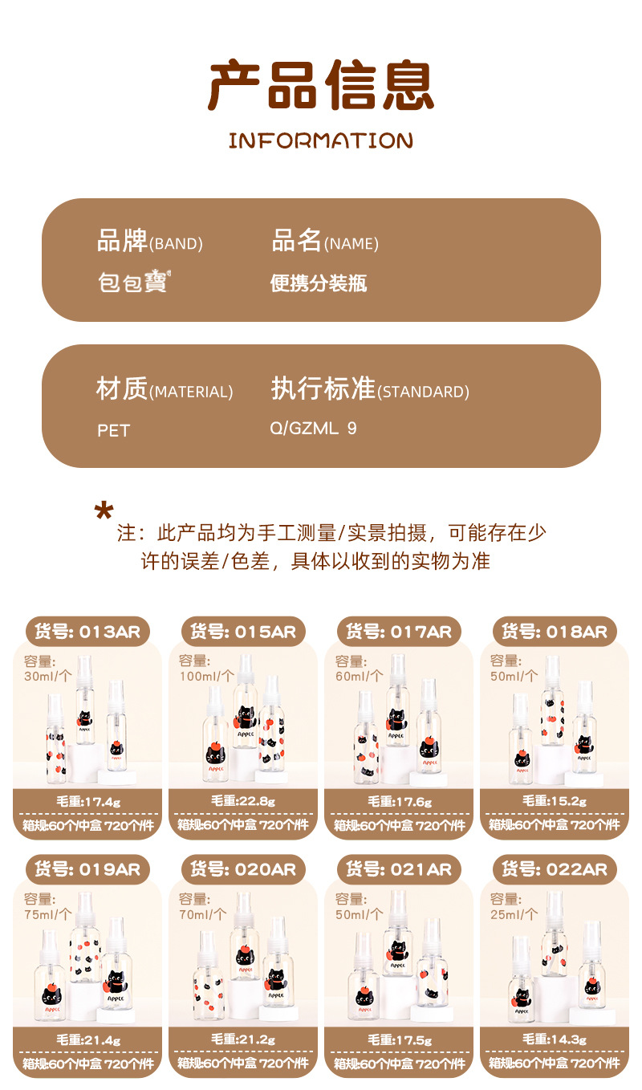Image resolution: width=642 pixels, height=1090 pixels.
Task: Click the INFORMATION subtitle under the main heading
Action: [x=320, y=140]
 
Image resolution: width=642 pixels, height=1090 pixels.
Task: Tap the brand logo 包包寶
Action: [x=134, y=282]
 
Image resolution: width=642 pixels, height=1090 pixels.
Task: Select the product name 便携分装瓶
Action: [x=319, y=283]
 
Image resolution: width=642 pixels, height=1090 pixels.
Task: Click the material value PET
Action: [x=114, y=431]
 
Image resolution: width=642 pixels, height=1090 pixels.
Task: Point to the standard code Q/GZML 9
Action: [x=313, y=429]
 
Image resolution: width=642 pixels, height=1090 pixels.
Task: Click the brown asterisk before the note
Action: [x=104, y=511]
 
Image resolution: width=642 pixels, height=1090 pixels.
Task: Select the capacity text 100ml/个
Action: [x=207, y=676]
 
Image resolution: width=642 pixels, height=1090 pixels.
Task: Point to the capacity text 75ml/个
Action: [x=48, y=914]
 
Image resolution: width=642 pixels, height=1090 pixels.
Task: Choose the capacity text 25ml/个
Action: [x=514, y=914]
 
